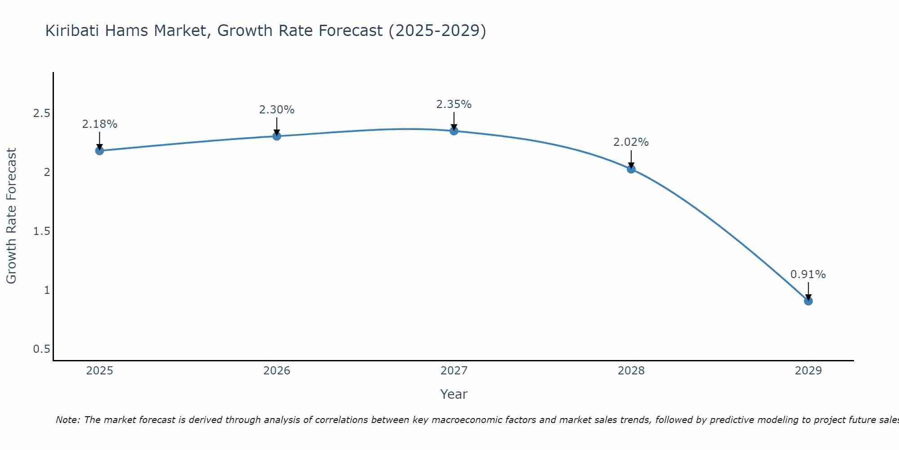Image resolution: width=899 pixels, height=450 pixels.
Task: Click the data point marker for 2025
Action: click(x=100, y=150)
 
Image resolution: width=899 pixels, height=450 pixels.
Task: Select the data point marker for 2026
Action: click(x=277, y=136)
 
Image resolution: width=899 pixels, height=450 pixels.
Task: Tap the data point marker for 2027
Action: click(x=454, y=131)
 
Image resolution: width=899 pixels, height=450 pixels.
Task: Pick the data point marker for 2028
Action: click(x=631, y=169)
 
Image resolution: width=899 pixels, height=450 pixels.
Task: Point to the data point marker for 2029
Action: click(x=808, y=301)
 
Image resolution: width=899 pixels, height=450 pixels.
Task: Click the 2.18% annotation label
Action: click(x=100, y=124)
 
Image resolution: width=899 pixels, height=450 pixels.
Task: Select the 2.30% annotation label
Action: click(x=277, y=110)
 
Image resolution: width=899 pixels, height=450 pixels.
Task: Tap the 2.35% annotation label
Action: click(x=454, y=104)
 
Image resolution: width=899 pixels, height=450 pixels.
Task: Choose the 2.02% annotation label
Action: click(x=631, y=142)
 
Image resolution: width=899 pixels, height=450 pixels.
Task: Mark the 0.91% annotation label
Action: click(x=808, y=274)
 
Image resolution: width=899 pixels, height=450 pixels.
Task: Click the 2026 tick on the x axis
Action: click(x=277, y=371)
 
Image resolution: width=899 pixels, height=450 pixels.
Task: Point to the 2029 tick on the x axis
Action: click(x=808, y=371)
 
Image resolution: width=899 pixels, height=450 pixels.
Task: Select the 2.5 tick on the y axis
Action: click(x=41, y=113)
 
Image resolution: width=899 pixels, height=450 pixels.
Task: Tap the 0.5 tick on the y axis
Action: click(x=41, y=349)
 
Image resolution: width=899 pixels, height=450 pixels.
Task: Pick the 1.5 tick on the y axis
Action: click(x=41, y=231)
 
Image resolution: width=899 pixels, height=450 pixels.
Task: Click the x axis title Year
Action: click(x=454, y=394)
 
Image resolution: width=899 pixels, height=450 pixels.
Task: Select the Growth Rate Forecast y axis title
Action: click(x=11, y=216)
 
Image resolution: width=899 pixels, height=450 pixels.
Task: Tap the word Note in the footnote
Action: click(x=67, y=420)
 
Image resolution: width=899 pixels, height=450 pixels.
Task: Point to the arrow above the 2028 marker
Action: click(x=631, y=158)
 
